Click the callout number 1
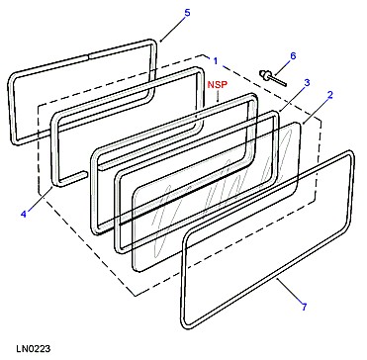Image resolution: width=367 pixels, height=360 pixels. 216,61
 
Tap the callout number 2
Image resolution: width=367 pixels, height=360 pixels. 330,95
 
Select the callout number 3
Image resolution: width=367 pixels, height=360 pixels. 307,82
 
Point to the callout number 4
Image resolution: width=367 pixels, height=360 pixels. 23,214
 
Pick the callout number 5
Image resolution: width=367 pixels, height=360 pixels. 187,13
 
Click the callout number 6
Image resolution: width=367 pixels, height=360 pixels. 293,55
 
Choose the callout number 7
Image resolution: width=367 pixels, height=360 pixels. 304,307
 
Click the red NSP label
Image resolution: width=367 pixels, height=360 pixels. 218,84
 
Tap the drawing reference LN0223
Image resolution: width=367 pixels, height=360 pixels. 33,348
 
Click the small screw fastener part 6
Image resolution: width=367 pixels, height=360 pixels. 273,78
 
